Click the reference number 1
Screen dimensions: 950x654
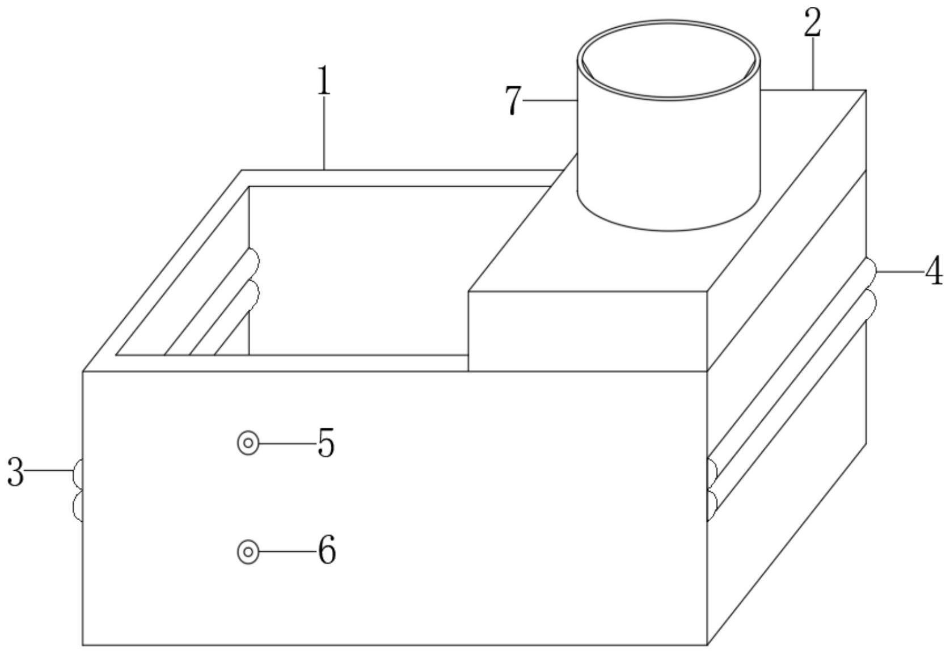point(323,82)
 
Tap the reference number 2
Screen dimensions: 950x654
point(813,24)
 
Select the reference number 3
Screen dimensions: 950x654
point(15,472)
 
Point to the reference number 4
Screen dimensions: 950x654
point(934,273)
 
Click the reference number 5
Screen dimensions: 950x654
point(326,443)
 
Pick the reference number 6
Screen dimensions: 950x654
point(326,550)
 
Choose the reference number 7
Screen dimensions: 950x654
point(513,101)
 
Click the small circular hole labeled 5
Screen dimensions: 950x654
point(248,443)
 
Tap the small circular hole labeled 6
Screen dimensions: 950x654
point(248,551)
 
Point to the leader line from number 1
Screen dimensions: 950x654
point(324,133)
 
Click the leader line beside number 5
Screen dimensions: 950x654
point(286,443)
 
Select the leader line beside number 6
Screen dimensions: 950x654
point(286,551)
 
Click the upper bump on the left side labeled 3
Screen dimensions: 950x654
point(78,474)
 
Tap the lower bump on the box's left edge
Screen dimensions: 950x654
point(78,505)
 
